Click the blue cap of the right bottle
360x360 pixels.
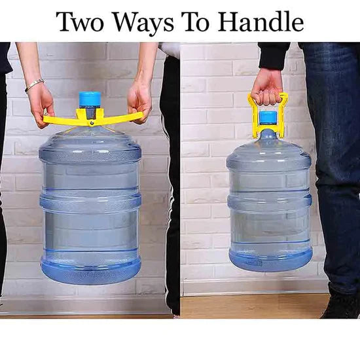(268, 118)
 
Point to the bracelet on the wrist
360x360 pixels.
(34, 85)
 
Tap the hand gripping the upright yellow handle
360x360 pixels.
(267, 85)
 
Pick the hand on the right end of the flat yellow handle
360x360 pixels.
(139, 98)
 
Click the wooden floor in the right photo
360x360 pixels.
(249, 305)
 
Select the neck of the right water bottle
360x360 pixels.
(268, 135)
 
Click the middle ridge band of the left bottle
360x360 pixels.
(90, 202)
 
